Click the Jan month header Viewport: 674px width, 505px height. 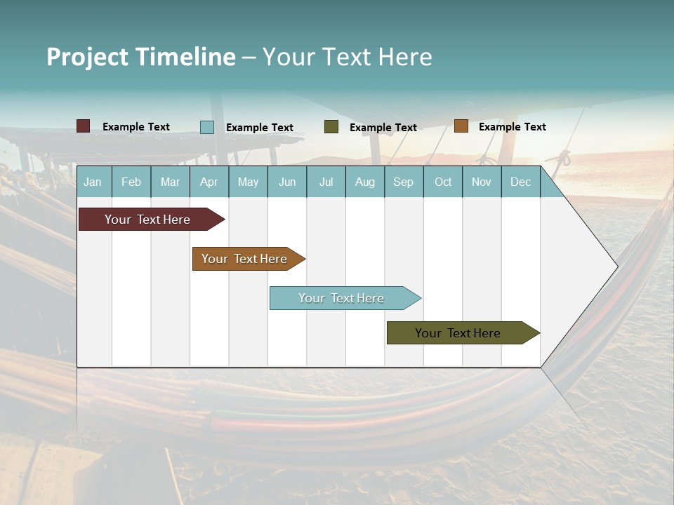click(93, 182)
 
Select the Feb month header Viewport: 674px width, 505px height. click(131, 182)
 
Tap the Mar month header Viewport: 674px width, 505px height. click(170, 182)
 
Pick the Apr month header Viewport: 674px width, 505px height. click(209, 182)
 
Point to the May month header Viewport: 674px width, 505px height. click(248, 182)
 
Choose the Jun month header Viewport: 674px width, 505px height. click(287, 182)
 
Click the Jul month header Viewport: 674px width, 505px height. click(326, 182)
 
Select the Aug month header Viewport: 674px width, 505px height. click(365, 182)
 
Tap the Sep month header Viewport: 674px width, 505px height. click(404, 182)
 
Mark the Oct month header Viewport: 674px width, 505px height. click(443, 182)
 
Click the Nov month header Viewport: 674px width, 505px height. click(482, 182)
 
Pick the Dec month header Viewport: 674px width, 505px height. click(521, 182)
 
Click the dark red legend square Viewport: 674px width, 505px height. click(84, 126)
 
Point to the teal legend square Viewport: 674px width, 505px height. click(207, 127)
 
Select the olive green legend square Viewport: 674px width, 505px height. click(331, 127)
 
